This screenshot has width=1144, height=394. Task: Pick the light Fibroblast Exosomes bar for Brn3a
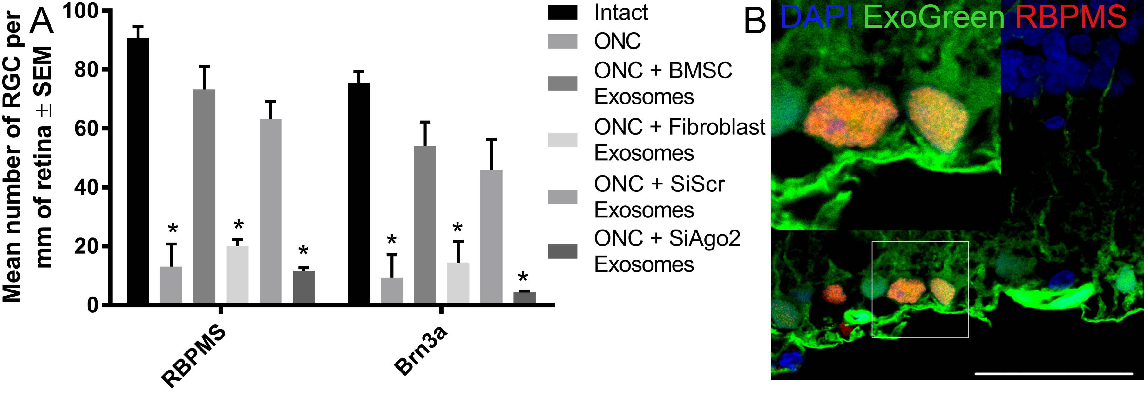(x=458, y=283)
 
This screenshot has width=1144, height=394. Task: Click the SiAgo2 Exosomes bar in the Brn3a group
(x=524, y=297)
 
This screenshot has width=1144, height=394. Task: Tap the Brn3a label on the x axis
(x=420, y=351)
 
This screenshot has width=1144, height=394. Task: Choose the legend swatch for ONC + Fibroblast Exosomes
(x=562, y=140)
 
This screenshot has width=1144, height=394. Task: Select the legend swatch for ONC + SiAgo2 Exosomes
(x=562, y=251)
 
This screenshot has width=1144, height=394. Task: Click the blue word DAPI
(x=816, y=17)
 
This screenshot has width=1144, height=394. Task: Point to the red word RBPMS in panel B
(x=1071, y=17)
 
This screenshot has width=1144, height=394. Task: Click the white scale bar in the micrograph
(x=1053, y=374)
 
